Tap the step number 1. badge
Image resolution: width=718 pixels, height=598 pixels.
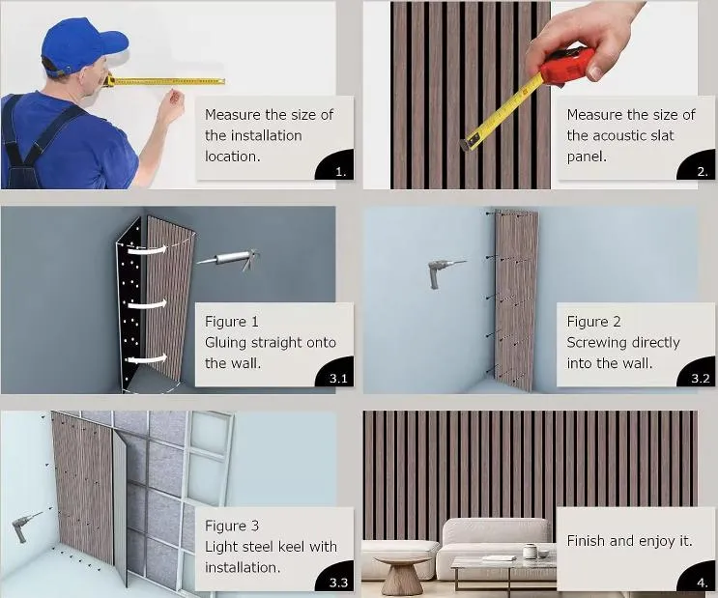(340, 172)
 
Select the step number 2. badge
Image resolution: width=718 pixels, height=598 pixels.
(702, 172)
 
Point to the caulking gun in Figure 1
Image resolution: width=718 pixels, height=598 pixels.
(228, 257)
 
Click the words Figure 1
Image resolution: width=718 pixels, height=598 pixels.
(232, 321)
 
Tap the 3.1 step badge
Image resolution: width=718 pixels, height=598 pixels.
(337, 378)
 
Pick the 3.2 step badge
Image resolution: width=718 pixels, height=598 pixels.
(700, 378)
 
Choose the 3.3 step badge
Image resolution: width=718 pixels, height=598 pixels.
(337, 582)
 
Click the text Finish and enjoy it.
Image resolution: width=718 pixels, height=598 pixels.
(629, 541)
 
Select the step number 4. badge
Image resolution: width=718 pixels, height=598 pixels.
(702, 582)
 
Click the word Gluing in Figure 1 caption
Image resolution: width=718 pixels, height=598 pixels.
(228, 342)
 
